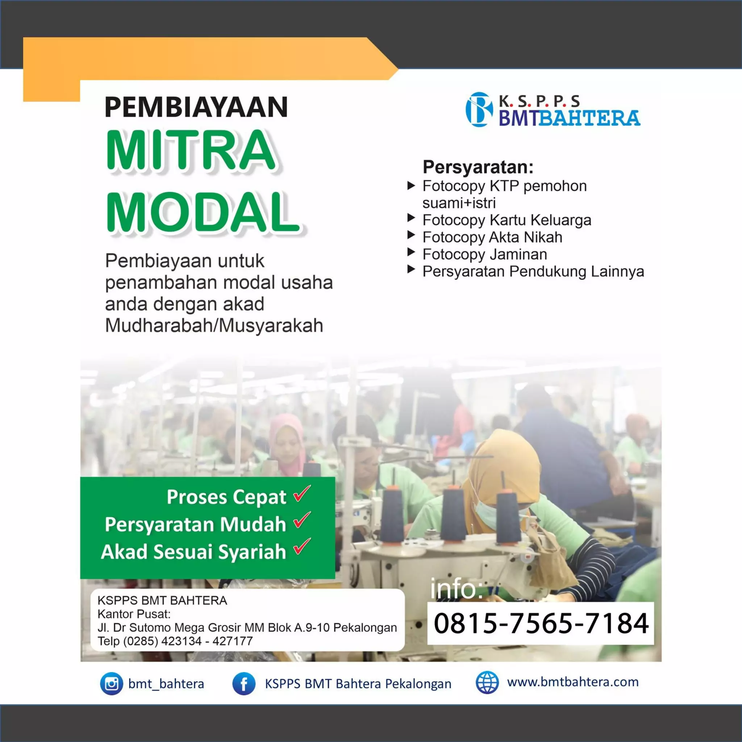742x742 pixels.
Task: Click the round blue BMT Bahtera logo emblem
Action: pyautogui.click(x=479, y=109)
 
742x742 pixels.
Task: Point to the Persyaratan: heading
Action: pyautogui.click(x=478, y=167)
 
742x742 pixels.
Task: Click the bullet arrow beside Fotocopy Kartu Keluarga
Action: pyautogui.click(x=411, y=218)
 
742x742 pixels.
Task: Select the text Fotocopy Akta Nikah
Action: pyautogui.click(x=492, y=237)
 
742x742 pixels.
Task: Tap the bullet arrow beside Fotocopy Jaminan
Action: pyautogui.click(x=411, y=252)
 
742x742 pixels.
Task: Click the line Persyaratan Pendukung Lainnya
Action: pyautogui.click(x=533, y=271)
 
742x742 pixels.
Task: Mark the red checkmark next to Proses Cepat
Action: pyautogui.click(x=302, y=494)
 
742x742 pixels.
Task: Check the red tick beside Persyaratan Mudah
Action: pyautogui.click(x=302, y=520)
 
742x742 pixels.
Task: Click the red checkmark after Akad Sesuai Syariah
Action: pyautogui.click(x=302, y=547)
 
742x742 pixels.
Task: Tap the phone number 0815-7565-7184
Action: pyautogui.click(x=541, y=623)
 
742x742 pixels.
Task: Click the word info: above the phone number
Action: pyautogui.click(x=456, y=589)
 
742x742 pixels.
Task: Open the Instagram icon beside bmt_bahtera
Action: pyautogui.click(x=111, y=684)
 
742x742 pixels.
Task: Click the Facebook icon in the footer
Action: pyautogui.click(x=244, y=684)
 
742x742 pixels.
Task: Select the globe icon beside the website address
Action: pyautogui.click(x=487, y=683)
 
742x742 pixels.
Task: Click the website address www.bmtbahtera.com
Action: pyautogui.click(x=573, y=682)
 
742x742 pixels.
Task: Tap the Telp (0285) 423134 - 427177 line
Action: pyautogui.click(x=175, y=641)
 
